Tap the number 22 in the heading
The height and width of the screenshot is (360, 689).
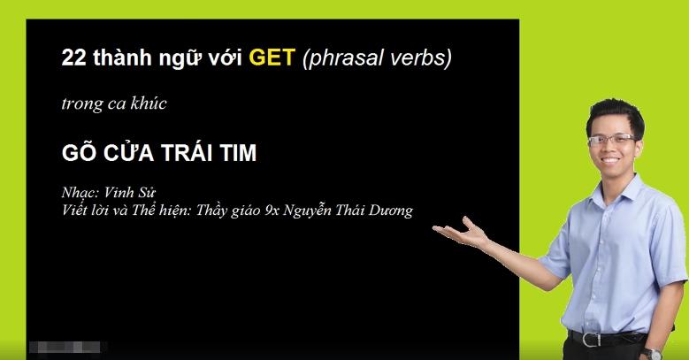pyautogui.click(x=73, y=59)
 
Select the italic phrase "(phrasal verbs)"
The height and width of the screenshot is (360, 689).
pyautogui.click(x=377, y=59)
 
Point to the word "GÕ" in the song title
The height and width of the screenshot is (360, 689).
pyautogui.click(x=77, y=153)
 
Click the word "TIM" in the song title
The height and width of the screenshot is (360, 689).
pyautogui.click(x=234, y=153)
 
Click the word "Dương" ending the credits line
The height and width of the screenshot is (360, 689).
pyautogui.click(x=392, y=210)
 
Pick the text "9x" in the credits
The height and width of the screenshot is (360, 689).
pyautogui.click(x=271, y=210)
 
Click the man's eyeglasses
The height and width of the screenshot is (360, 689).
pyautogui.click(x=611, y=141)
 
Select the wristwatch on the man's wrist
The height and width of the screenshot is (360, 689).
pyautogui.click(x=653, y=352)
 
